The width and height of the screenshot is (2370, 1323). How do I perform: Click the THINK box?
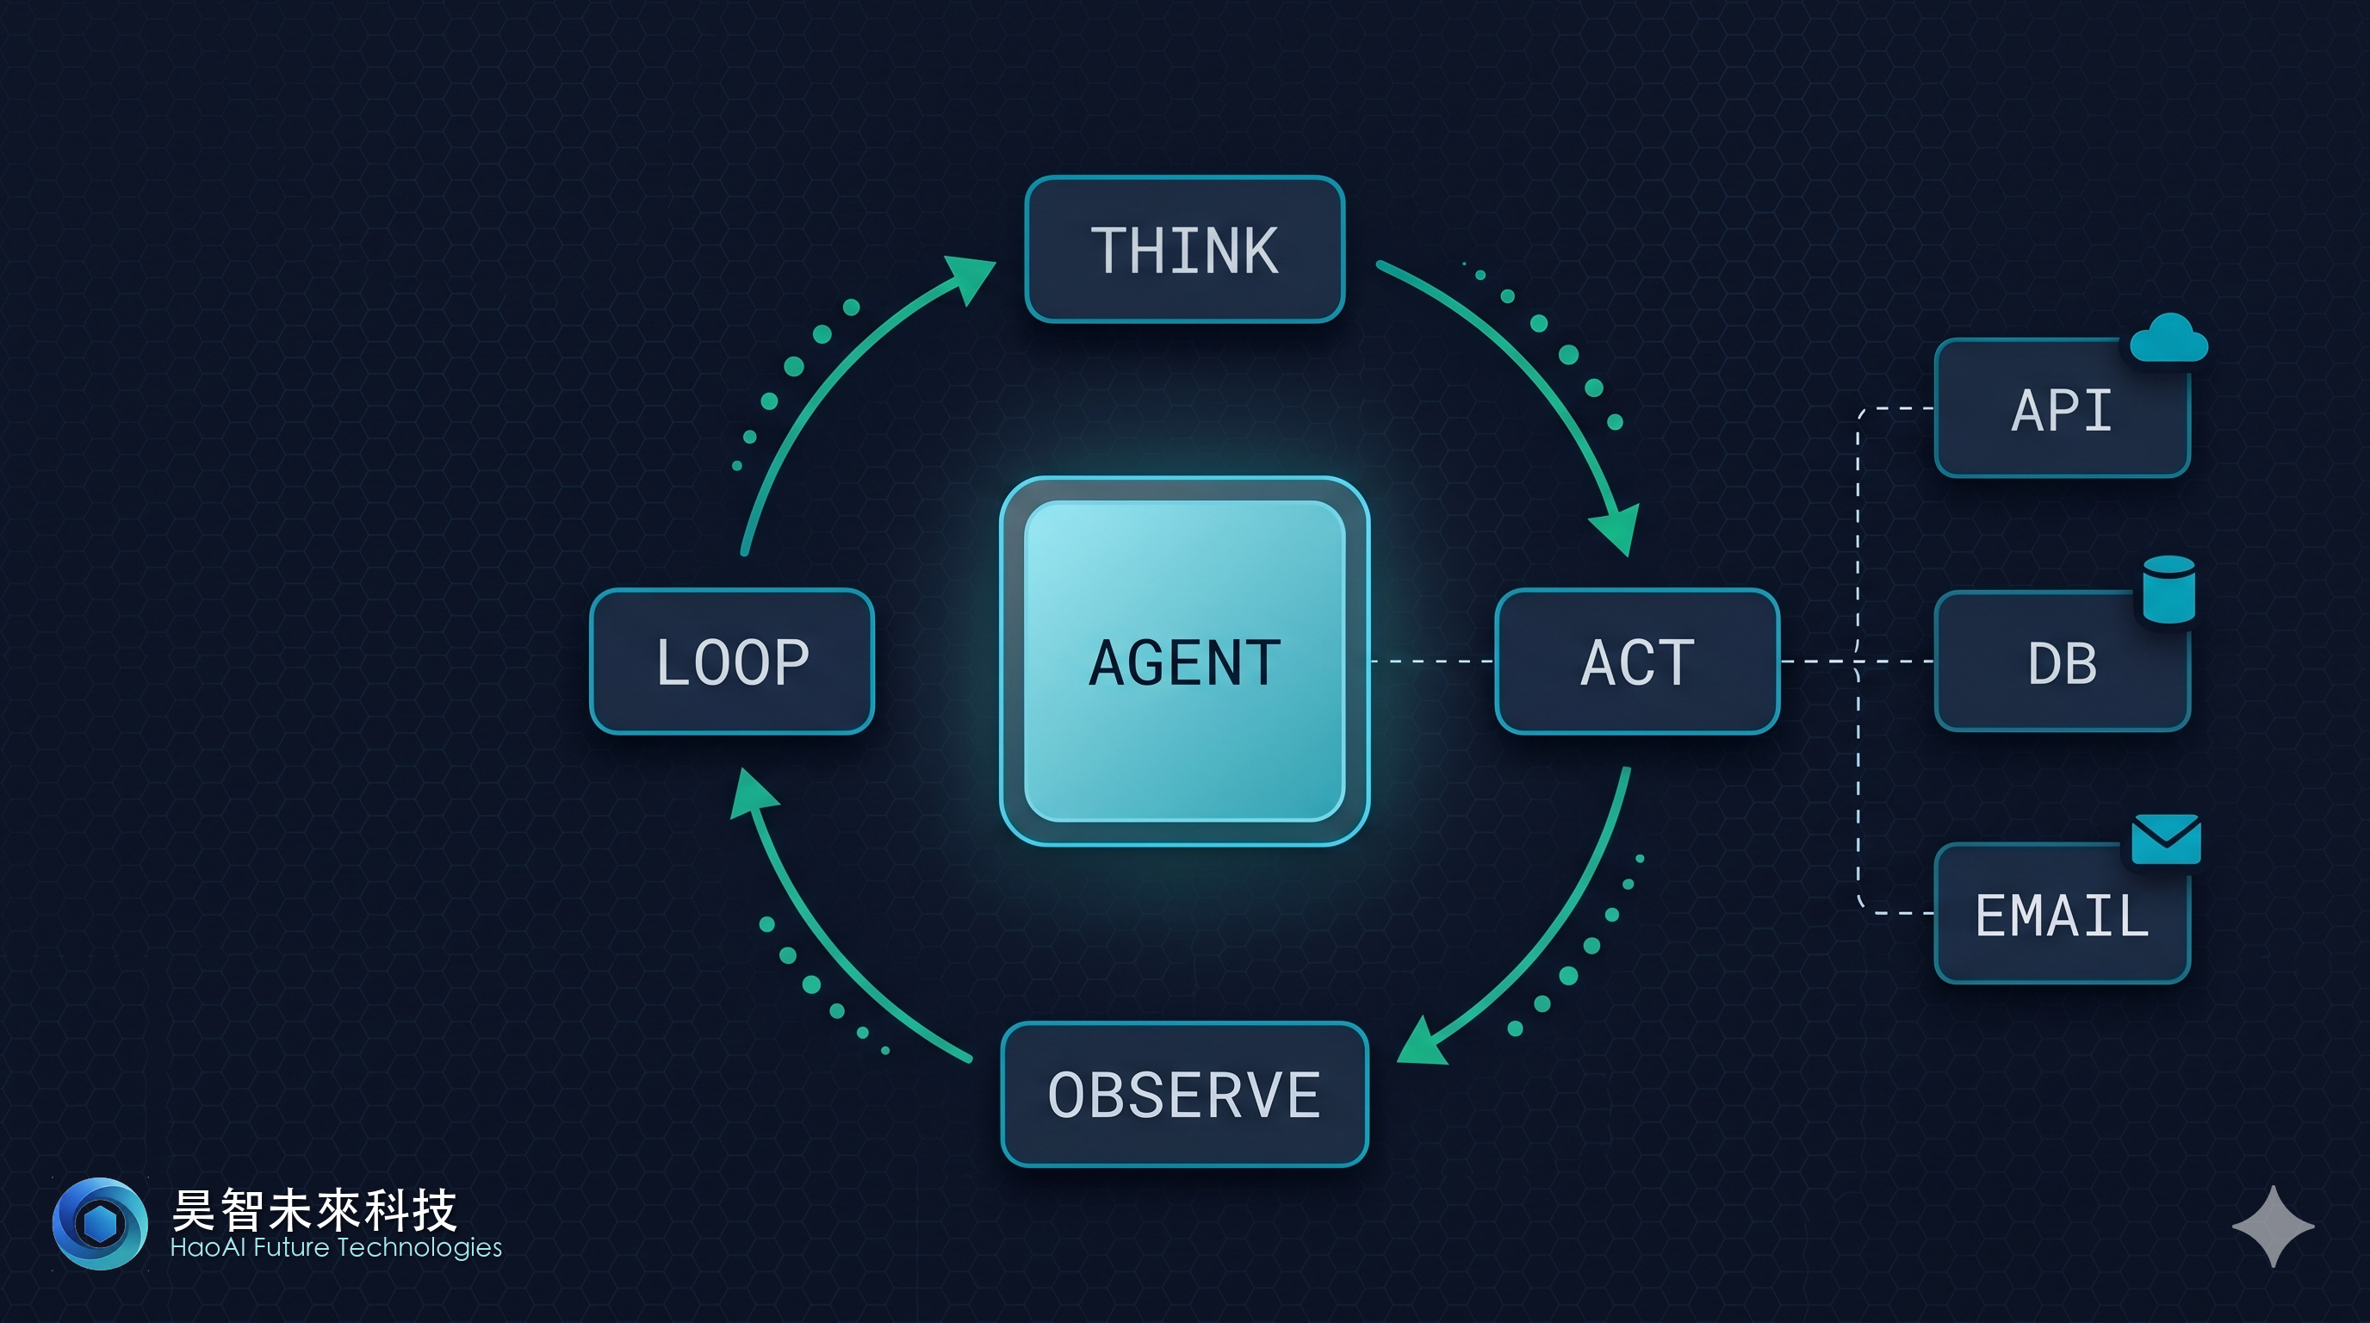pyautogui.click(x=1184, y=249)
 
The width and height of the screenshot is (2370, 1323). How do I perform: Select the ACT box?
pyautogui.click(x=1637, y=661)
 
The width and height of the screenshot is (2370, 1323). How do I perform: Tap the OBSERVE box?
pyautogui.click(x=1184, y=1095)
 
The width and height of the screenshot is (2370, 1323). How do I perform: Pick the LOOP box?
pyautogui.click(x=731, y=661)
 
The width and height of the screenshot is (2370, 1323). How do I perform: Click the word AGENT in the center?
pyautogui.click(x=1184, y=662)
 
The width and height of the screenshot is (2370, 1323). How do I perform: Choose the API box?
pyautogui.click(x=2062, y=409)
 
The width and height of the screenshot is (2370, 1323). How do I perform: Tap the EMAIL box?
pyautogui.click(x=2062, y=916)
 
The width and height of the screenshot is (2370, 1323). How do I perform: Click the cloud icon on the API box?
pyautogui.click(x=2168, y=339)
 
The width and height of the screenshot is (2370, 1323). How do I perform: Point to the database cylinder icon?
pyautogui.click(x=2168, y=590)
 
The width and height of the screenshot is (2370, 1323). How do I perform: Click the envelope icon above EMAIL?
pyautogui.click(x=2166, y=839)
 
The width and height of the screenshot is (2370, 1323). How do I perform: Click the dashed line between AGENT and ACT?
pyautogui.click(x=1431, y=661)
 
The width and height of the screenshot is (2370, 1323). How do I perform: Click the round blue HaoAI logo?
pyautogui.click(x=99, y=1224)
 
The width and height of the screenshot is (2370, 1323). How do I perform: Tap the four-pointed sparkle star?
pyautogui.click(x=2273, y=1227)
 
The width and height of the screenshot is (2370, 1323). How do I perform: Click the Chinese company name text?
pyautogui.click(x=313, y=1209)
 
